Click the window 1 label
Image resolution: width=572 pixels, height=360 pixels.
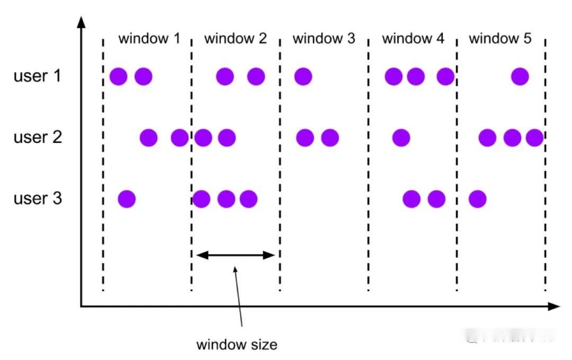click(149, 39)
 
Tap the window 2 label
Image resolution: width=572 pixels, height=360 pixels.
click(236, 39)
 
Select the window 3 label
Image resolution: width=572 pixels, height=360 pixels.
click(324, 39)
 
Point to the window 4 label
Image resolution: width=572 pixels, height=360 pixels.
click(413, 39)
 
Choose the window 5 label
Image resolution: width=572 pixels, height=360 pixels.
click(500, 39)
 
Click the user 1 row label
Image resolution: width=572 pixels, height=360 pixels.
click(38, 76)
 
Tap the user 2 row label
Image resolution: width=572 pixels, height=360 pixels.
click(38, 138)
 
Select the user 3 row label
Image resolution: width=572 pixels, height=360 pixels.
click(38, 199)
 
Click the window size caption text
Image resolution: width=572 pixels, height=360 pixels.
click(237, 345)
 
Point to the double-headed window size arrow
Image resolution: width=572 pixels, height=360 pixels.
click(236, 255)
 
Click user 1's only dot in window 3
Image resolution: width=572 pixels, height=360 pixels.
click(303, 77)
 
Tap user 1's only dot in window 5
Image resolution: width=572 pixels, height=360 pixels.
click(520, 77)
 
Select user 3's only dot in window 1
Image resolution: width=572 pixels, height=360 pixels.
click(127, 200)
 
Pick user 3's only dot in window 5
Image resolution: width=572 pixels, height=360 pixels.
click(477, 200)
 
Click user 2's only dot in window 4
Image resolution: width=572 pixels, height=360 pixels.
click(401, 138)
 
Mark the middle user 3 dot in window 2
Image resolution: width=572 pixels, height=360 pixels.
click(226, 200)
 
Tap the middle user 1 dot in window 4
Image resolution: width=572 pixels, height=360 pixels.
click(416, 77)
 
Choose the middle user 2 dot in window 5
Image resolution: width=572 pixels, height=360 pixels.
click(512, 138)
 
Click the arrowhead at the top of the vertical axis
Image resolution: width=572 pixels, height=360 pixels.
click(81, 21)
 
